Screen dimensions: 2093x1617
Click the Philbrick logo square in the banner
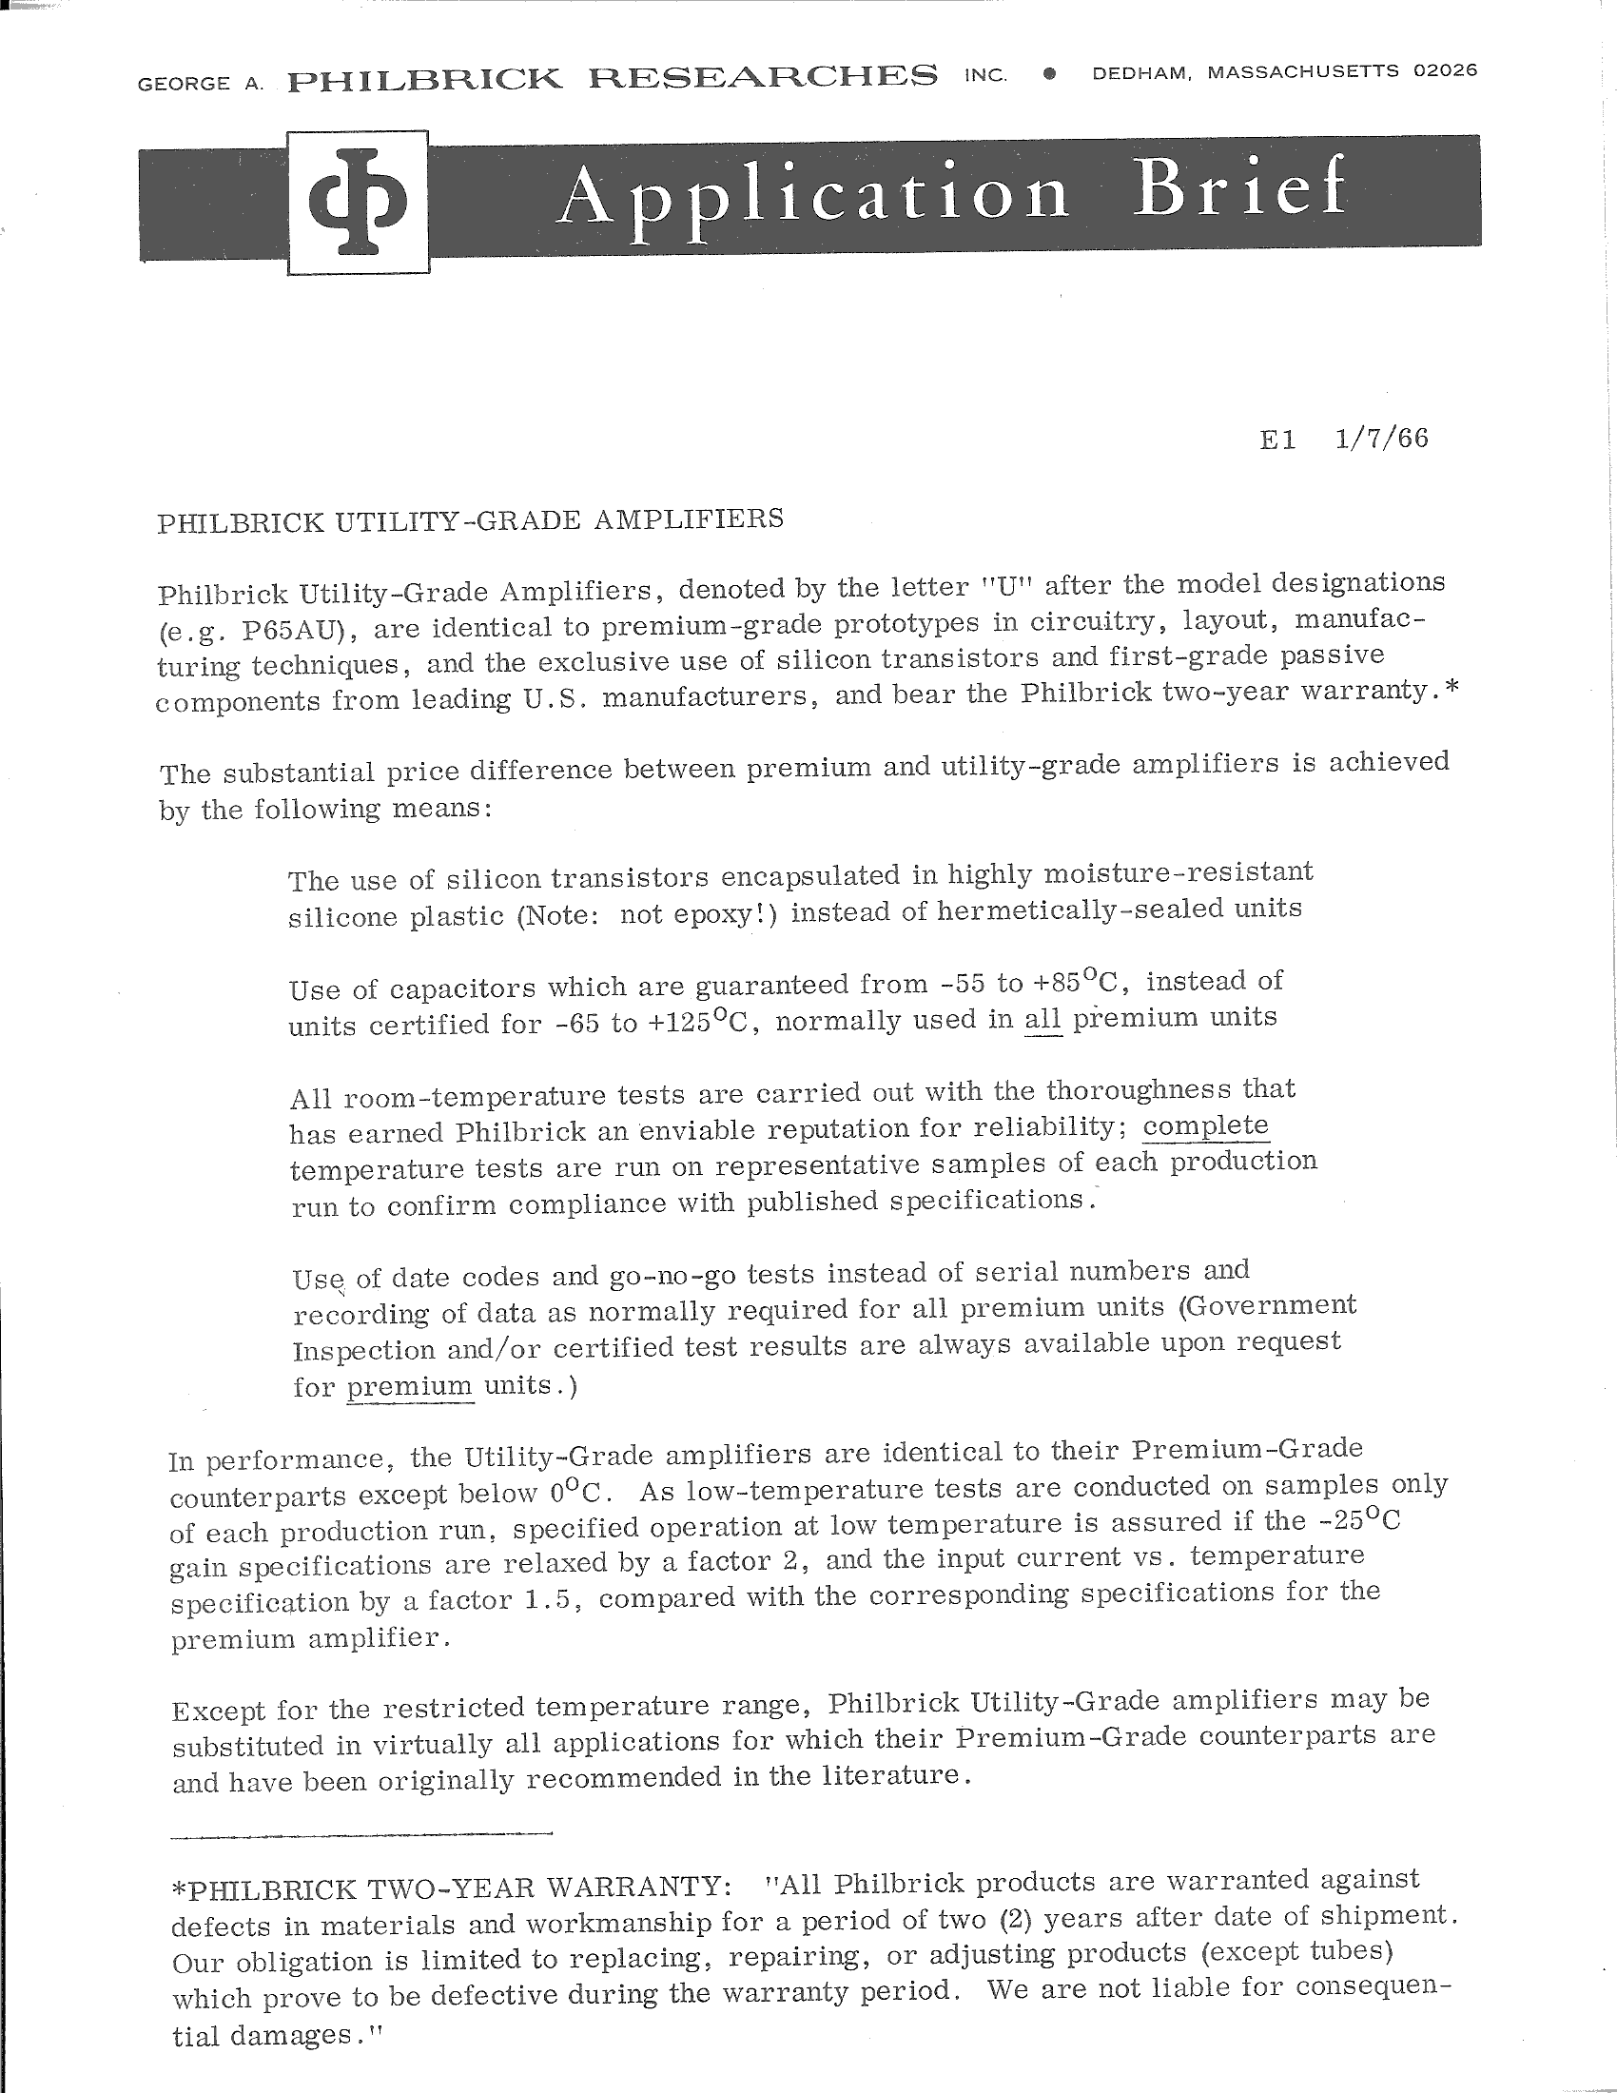pyautogui.click(x=359, y=203)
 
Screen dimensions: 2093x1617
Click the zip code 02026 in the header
pyautogui.click(x=1445, y=70)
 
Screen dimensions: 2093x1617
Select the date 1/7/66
pyautogui.click(x=1380, y=438)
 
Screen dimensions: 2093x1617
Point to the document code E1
pyautogui.click(x=1277, y=439)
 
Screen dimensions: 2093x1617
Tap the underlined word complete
pyautogui.click(x=1205, y=1125)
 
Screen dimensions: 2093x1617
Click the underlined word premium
pyautogui.click(x=410, y=1386)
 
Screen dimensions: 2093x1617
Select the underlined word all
pyautogui.click(x=1042, y=1019)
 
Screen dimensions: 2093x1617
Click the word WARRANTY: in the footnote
pyautogui.click(x=633, y=1887)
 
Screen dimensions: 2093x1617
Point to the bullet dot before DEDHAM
pyautogui.click(x=1051, y=73)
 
